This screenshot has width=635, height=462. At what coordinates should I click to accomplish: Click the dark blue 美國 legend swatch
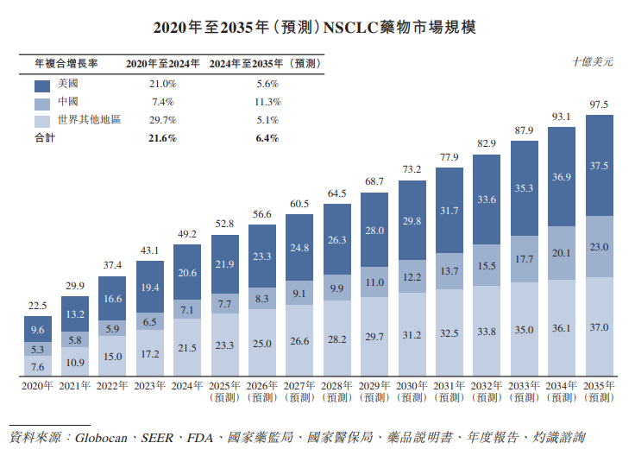pyautogui.click(x=44, y=85)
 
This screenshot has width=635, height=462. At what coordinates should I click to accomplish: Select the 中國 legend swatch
pyautogui.click(x=44, y=103)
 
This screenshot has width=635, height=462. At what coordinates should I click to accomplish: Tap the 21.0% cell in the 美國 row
pyautogui.click(x=162, y=84)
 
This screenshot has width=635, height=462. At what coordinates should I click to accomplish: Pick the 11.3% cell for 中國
pyautogui.click(x=267, y=101)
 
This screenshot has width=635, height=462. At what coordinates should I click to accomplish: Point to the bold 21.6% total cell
pyautogui.click(x=162, y=138)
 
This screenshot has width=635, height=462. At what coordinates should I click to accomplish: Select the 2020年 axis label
pyautogui.click(x=37, y=386)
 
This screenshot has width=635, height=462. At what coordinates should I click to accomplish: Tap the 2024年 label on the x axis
pyautogui.click(x=187, y=386)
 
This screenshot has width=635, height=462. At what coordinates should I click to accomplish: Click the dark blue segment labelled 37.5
pyautogui.click(x=599, y=165)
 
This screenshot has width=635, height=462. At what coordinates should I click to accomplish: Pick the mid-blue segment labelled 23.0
pyautogui.click(x=599, y=247)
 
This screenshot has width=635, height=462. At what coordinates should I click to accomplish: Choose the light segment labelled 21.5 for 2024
pyautogui.click(x=187, y=346)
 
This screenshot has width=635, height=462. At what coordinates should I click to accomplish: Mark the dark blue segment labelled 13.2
pyautogui.click(x=75, y=314)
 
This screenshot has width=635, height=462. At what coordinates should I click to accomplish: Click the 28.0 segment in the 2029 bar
pyautogui.click(x=374, y=231)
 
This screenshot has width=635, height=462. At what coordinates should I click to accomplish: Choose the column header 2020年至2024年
pyautogui.click(x=162, y=64)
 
